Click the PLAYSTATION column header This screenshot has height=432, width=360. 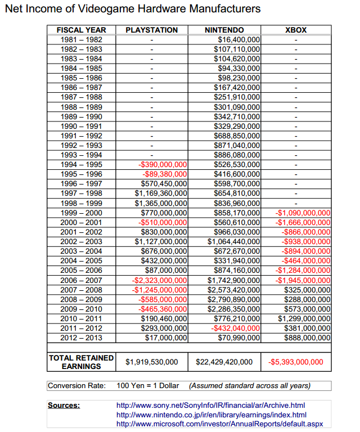152,30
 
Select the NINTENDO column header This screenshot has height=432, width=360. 224,30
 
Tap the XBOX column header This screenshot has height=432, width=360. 296,30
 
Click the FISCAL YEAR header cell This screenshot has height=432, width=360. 82,30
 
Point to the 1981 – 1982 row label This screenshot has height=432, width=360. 82,40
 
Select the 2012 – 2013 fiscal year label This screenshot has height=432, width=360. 82,337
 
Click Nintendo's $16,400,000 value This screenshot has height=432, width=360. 238,40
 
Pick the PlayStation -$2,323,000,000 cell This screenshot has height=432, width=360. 159,280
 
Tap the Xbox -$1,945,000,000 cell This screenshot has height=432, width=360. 304,280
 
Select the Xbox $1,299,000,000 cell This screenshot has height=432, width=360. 304,318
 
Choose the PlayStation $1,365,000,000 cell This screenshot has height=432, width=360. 161,203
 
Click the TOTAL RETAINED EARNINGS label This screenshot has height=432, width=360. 82,362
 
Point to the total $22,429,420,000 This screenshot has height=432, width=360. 224,362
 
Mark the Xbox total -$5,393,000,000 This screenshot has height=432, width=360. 296,362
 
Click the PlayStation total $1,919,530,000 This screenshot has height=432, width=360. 152,362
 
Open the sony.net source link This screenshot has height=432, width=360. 210,405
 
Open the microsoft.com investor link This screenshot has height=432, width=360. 219,423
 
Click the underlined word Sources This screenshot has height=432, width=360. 64,405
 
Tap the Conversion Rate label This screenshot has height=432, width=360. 76,386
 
